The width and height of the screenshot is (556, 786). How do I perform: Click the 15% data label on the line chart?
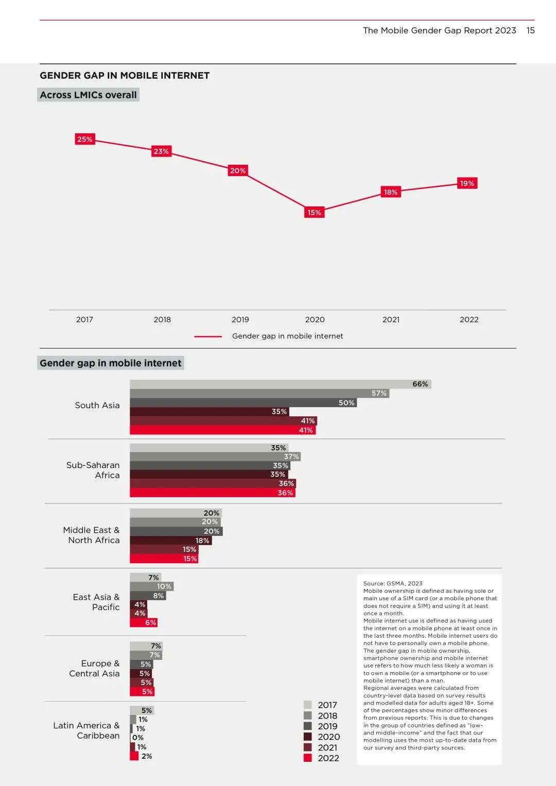click(x=314, y=212)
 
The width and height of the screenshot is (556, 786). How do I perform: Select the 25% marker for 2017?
click(x=85, y=139)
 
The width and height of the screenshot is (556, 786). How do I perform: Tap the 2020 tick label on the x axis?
click(x=315, y=320)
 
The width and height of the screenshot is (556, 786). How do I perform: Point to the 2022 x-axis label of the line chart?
click(x=469, y=320)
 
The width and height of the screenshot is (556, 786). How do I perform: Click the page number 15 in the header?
click(x=530, y=30)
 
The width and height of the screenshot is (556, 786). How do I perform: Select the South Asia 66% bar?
click(x=280, y=384)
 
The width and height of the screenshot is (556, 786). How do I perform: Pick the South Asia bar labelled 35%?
click(x=209, y=412)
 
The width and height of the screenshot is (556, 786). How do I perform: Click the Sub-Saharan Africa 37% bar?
click(x=215, y=457)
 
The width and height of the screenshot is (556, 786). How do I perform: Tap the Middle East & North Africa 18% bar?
click(x=170, y=540)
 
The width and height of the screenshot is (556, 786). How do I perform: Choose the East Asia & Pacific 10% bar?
click(x=151, y=586)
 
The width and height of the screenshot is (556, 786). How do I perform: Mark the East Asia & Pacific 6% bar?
click(x=143, y=622)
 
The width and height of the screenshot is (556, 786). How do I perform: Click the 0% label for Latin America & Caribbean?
click(x=137, y=738)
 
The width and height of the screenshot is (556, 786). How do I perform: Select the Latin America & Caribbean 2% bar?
click(x=134, y=756)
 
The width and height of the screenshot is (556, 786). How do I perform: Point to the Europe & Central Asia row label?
click(x=95, y=669)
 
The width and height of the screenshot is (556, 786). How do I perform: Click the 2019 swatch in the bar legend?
click(x=308, y=726)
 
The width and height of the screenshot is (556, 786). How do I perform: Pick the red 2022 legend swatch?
click(x=308, y=758)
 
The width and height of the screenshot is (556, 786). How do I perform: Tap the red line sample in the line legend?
click(x=208, y=337)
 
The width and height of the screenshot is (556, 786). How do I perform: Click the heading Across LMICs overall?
click(x=88, y=95)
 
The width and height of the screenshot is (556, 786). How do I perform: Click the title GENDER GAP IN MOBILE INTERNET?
click(x=125, y=76)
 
